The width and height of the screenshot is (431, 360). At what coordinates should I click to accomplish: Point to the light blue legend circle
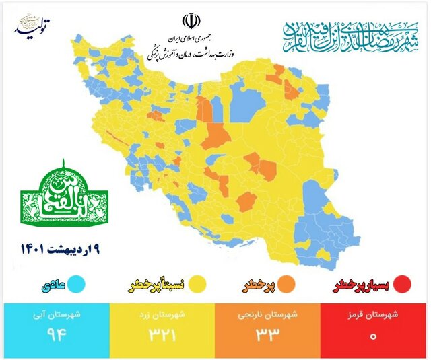(79, 285)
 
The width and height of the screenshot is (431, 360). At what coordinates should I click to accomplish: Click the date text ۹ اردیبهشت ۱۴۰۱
(60, 250)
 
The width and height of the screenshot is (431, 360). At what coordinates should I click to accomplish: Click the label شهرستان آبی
(54, 314)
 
